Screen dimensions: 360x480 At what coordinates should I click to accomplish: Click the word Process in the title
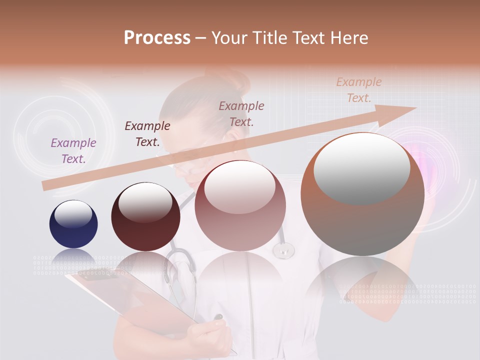pos(157,38)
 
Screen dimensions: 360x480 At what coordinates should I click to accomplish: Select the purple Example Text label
pos(73,151)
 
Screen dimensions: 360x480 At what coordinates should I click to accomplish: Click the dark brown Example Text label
pos(147,134)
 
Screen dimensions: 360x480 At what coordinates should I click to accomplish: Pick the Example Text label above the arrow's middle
pos(241,113)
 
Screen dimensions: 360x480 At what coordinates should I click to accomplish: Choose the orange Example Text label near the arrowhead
pos(359,90)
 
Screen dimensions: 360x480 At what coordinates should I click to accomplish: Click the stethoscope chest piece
pos(283,249)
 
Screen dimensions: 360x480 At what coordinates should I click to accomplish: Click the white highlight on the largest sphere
pos(362,167)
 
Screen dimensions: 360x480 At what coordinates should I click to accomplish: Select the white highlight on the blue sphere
pos(73,214)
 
